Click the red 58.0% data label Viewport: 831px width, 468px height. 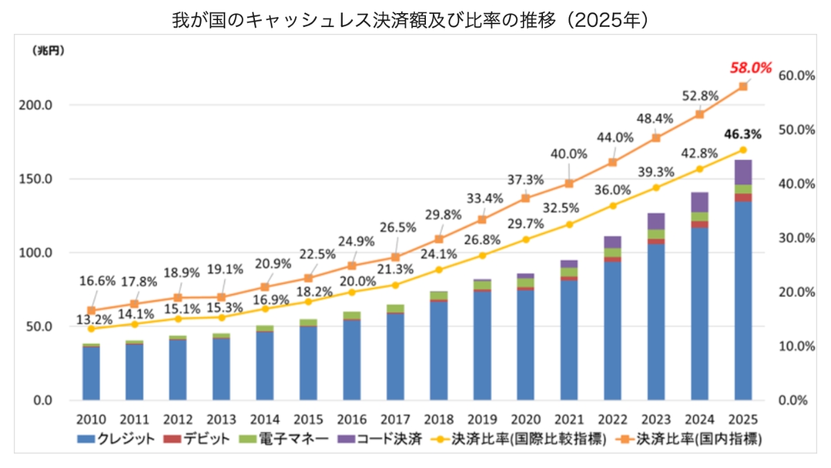point(750,68)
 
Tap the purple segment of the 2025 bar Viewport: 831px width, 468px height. point(742,172)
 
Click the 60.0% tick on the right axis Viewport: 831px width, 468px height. point(796,75)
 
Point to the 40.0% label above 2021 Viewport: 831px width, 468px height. point(569,154)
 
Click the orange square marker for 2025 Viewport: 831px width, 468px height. point(743,87)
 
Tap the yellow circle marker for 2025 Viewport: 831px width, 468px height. point(743,150)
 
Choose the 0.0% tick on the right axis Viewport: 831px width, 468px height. point(794,400)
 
